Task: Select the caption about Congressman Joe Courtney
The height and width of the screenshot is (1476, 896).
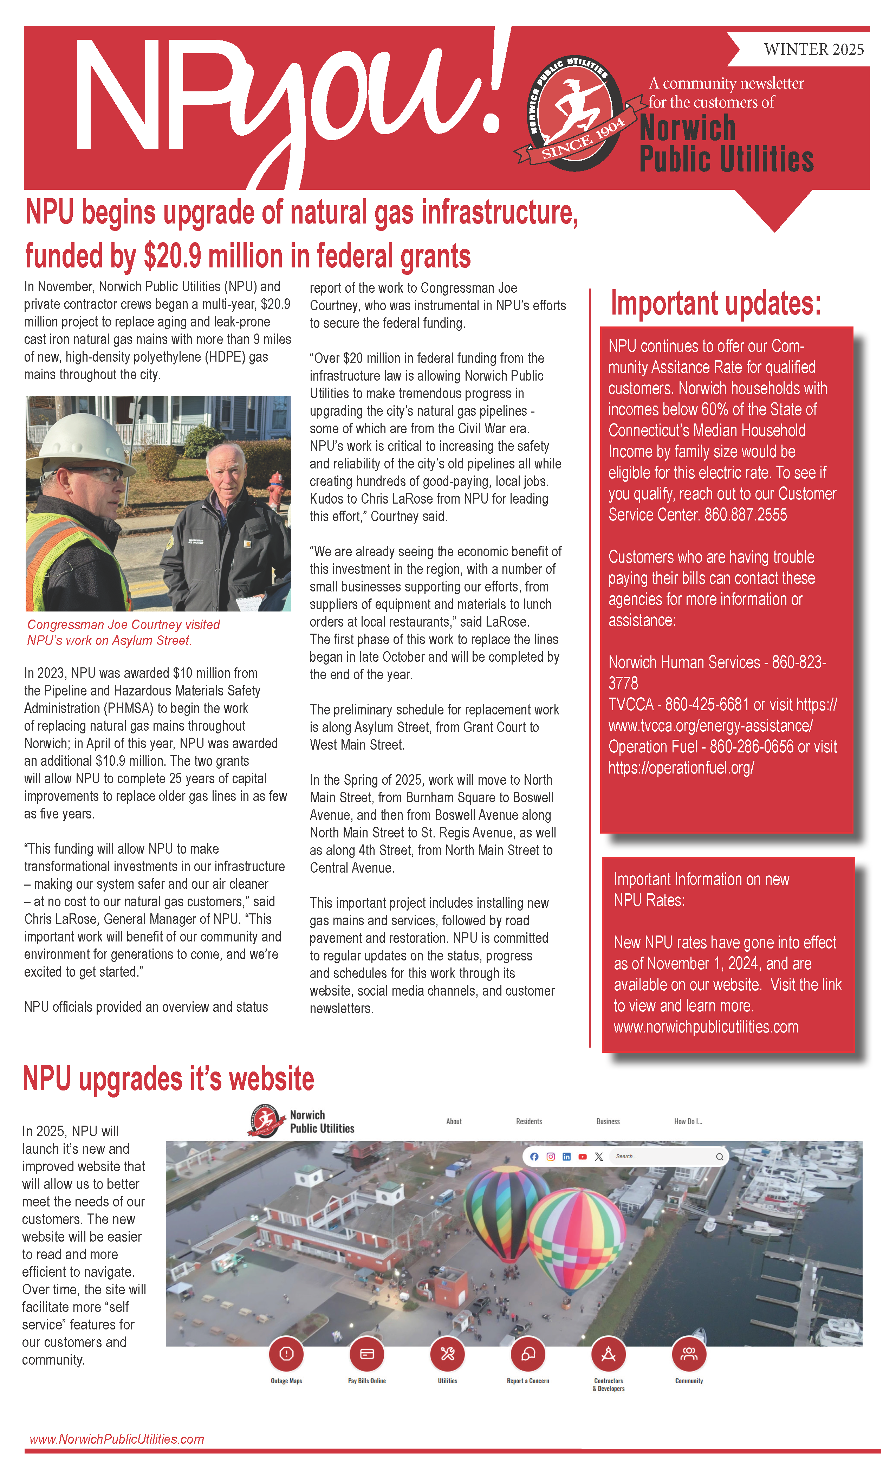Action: pyautogui.click(x=123, y=632)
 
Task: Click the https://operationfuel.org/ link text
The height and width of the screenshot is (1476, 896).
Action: pyautogui.click(x=681, y=768)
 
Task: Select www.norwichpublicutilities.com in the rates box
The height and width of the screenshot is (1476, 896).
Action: pyautogui.click(x=706, y=1027)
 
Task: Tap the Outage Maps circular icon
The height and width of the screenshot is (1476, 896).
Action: pyautogui.click(x=286, y=1353)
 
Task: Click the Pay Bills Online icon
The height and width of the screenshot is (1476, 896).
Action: pyautogui.click(x=366, y=1353)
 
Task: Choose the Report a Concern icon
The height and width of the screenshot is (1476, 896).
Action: pyautogui.click(x=528, y=1353)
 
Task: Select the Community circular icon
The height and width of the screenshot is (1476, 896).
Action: pyautogui.click(x=689, y=1353)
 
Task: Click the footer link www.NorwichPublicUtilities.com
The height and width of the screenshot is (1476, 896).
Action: pyautogui.click(x=117, y=1439)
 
